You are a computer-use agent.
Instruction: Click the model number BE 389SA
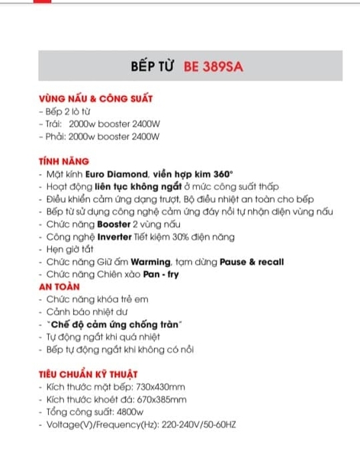click(x=213, y=66)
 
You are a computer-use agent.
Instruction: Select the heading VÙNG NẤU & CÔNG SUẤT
click(x=95, y=99)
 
